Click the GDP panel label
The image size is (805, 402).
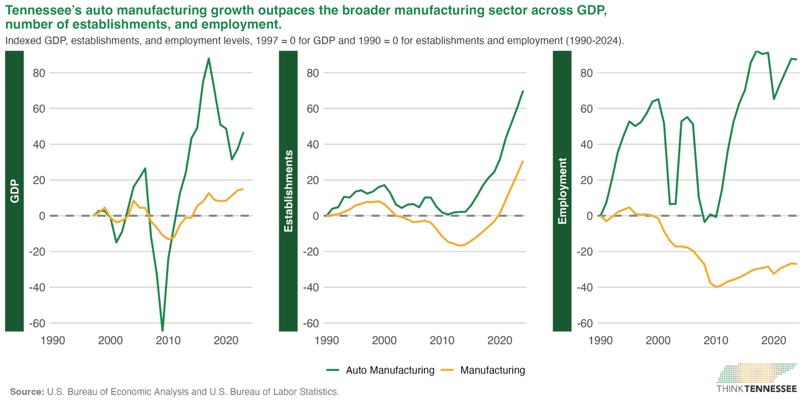[14, 191]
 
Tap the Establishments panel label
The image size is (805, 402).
[288, 191]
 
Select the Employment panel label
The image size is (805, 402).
[562, 191]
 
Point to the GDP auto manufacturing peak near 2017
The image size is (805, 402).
[209, 59]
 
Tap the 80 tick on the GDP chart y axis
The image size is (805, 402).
[39, 73]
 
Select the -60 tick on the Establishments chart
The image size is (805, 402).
[311, 323]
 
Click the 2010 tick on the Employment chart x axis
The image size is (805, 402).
[716, 340]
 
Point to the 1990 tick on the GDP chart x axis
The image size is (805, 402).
[52, 340]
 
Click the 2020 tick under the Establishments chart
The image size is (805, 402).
[500, 340]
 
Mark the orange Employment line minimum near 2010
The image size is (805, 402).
[716, 287]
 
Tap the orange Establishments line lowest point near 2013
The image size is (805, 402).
[460, 246]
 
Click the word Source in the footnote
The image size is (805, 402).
[26, 392]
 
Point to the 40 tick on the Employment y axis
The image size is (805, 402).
[586, 144]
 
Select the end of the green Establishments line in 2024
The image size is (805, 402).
[523, 91]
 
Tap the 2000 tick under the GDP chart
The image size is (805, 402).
[110, 340]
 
